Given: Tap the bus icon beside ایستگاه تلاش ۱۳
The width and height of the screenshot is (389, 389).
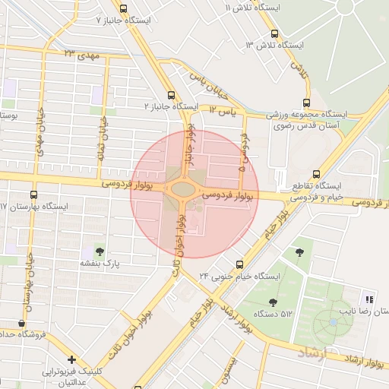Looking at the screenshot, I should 274,33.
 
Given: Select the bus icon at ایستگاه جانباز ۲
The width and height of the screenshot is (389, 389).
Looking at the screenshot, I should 170,96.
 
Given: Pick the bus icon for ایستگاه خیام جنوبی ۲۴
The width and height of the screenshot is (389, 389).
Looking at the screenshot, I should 240,264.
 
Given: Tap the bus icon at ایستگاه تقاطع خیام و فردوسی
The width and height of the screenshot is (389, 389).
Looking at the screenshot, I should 316,173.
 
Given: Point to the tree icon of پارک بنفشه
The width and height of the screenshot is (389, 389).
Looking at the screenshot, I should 98,250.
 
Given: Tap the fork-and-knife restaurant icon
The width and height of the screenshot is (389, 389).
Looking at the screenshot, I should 370,299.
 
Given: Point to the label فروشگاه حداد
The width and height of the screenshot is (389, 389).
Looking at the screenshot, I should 23,334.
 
